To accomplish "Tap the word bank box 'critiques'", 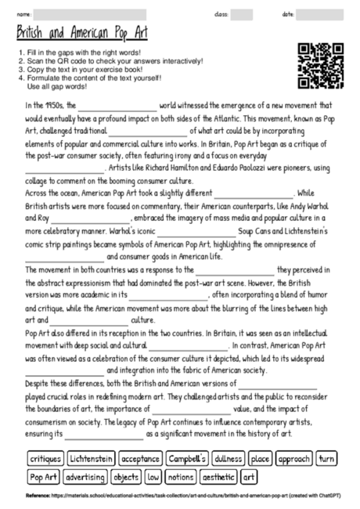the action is click(45, 458).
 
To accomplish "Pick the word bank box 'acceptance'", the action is click(140, 458).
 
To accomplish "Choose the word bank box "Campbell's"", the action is click(186, 458).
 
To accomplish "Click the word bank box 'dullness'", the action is click(228, 458).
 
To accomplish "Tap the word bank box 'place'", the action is click(261, 458).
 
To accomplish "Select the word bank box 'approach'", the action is click(294, 458).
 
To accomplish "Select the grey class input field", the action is click(242, 14).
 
